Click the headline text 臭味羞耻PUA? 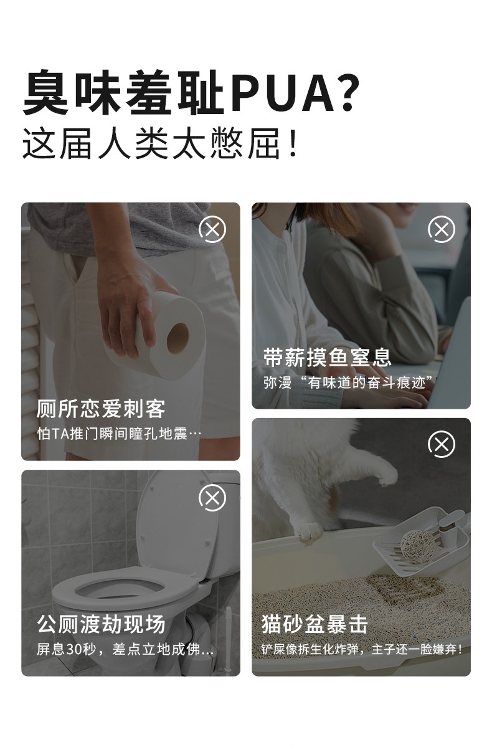pos(191,92)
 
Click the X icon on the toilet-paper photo pos(212,229)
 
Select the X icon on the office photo pos(442,229)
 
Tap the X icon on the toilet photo pos(212,498)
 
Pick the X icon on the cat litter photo pos(442,444)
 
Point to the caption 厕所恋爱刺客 pos(101,409)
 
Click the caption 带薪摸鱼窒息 pos(328,358)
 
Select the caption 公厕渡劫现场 pos(101,624)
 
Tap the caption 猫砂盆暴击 pos(315,624)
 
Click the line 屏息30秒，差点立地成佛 pos(125,649)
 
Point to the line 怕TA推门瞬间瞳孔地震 pos(119,434)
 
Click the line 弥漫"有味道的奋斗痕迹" pos(348,382)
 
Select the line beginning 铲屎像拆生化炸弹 pos(362,649)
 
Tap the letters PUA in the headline pos(283,92)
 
